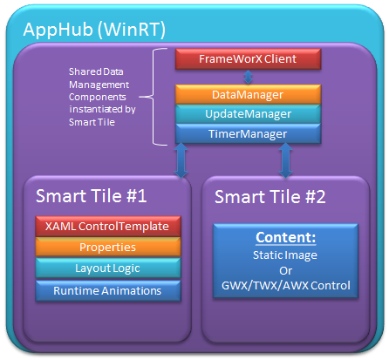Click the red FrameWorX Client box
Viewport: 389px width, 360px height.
248,59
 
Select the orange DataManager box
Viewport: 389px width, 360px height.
248,94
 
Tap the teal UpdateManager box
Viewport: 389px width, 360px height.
248,114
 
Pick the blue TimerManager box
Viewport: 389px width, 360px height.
248,133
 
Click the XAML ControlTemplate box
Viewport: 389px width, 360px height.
108,226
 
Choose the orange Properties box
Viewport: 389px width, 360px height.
108,247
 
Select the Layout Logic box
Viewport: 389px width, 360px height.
108,268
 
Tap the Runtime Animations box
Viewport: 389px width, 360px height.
108,290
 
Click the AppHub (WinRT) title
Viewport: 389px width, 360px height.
94,30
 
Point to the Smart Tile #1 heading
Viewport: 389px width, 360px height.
91,195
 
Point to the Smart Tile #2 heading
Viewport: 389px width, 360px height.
270,197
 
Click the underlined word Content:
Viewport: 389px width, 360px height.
286,237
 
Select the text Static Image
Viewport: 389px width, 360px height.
285,255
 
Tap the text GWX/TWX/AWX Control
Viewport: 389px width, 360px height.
286,286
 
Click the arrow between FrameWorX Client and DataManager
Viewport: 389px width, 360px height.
248,77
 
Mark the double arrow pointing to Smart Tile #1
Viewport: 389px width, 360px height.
181,160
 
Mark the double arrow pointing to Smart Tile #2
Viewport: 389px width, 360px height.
286,160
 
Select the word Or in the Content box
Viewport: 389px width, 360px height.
285,271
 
